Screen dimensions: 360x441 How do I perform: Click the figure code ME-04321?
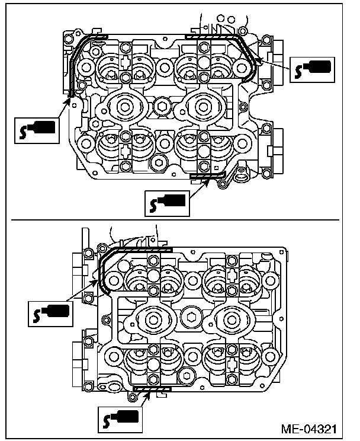309,429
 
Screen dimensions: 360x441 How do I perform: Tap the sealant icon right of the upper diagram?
312,70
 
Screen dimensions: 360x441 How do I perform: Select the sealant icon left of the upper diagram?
37,131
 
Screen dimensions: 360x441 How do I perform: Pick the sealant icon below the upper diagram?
167,203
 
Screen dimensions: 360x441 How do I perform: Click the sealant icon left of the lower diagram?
50,314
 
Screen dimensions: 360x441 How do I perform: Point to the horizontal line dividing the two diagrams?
175,220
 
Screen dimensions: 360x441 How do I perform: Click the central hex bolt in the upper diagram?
162,106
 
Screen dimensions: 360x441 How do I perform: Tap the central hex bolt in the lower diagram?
192,317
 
